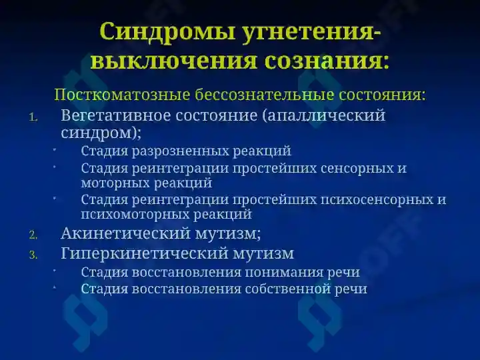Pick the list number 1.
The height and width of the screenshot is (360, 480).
[34, 117]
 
